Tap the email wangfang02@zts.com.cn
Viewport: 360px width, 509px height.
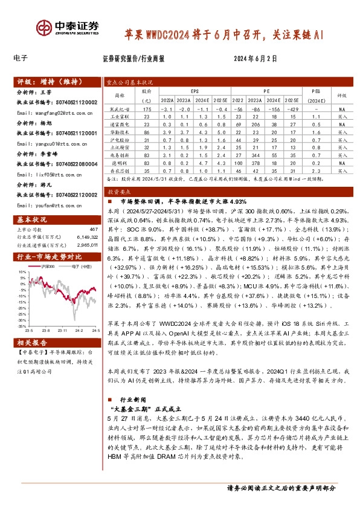click(43, 112)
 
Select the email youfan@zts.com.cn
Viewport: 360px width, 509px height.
click(41, 205)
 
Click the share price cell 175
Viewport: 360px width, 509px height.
click(146, 108)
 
